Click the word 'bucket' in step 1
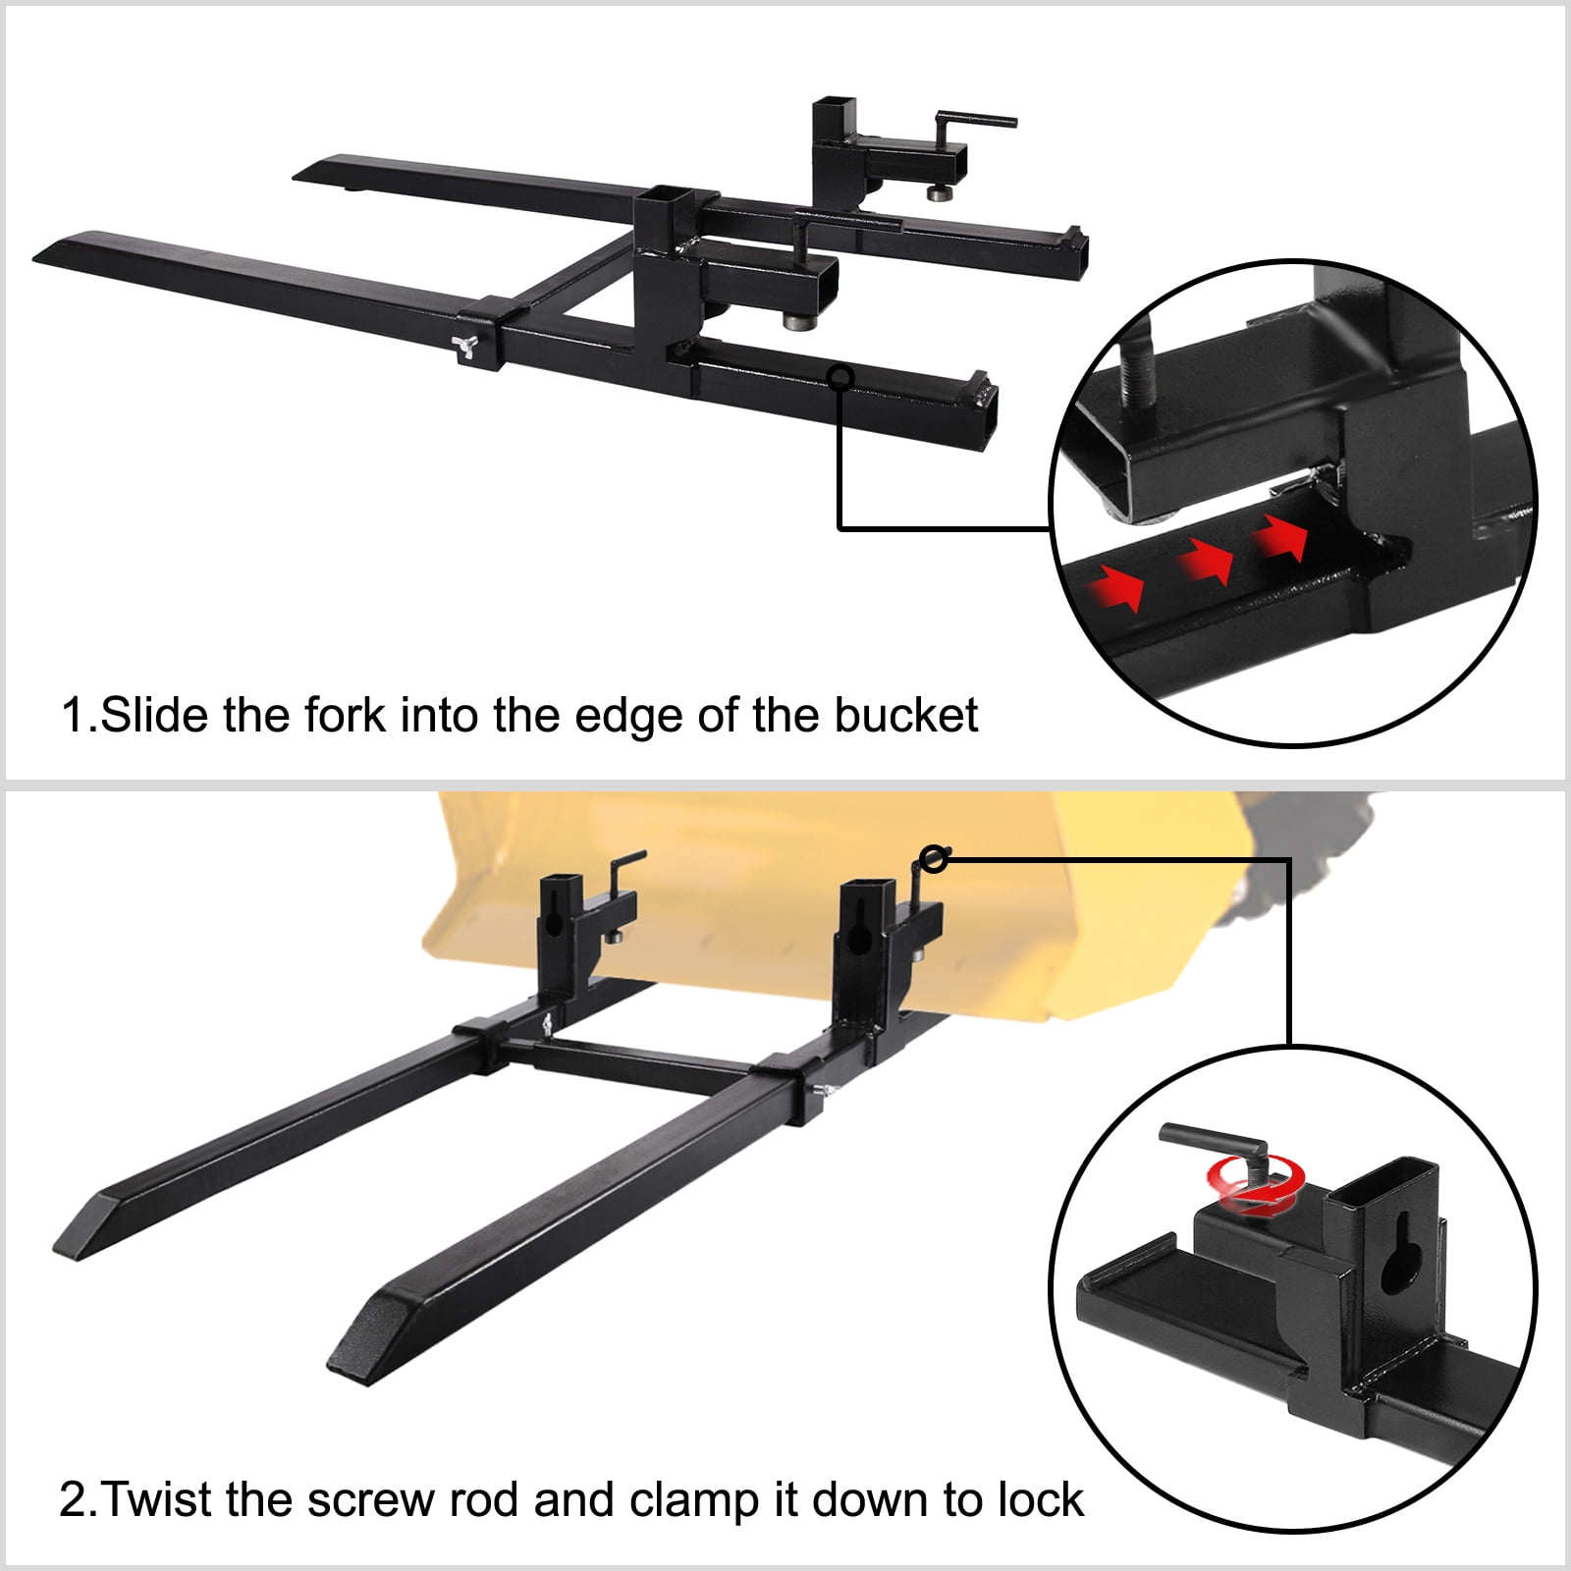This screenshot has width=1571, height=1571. (905, 715)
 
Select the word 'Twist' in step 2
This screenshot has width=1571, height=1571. (157, 1499)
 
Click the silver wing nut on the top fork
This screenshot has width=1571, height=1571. (465, 346)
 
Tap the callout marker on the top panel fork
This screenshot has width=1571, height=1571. (840, 377)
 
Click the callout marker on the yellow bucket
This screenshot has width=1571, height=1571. (935, 859)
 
